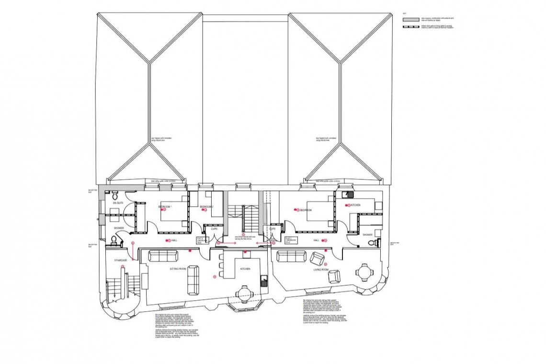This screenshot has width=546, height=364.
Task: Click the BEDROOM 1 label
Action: (166, 207)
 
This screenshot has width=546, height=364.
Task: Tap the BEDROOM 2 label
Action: (206, 207)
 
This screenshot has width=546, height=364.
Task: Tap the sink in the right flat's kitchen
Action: (350, 195)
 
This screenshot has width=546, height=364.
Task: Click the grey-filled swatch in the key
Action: (410, 20)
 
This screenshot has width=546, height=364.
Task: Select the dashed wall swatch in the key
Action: (410, 27)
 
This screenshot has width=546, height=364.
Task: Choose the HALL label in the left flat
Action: (174, 240)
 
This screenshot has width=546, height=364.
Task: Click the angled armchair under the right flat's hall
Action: (317, 259)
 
